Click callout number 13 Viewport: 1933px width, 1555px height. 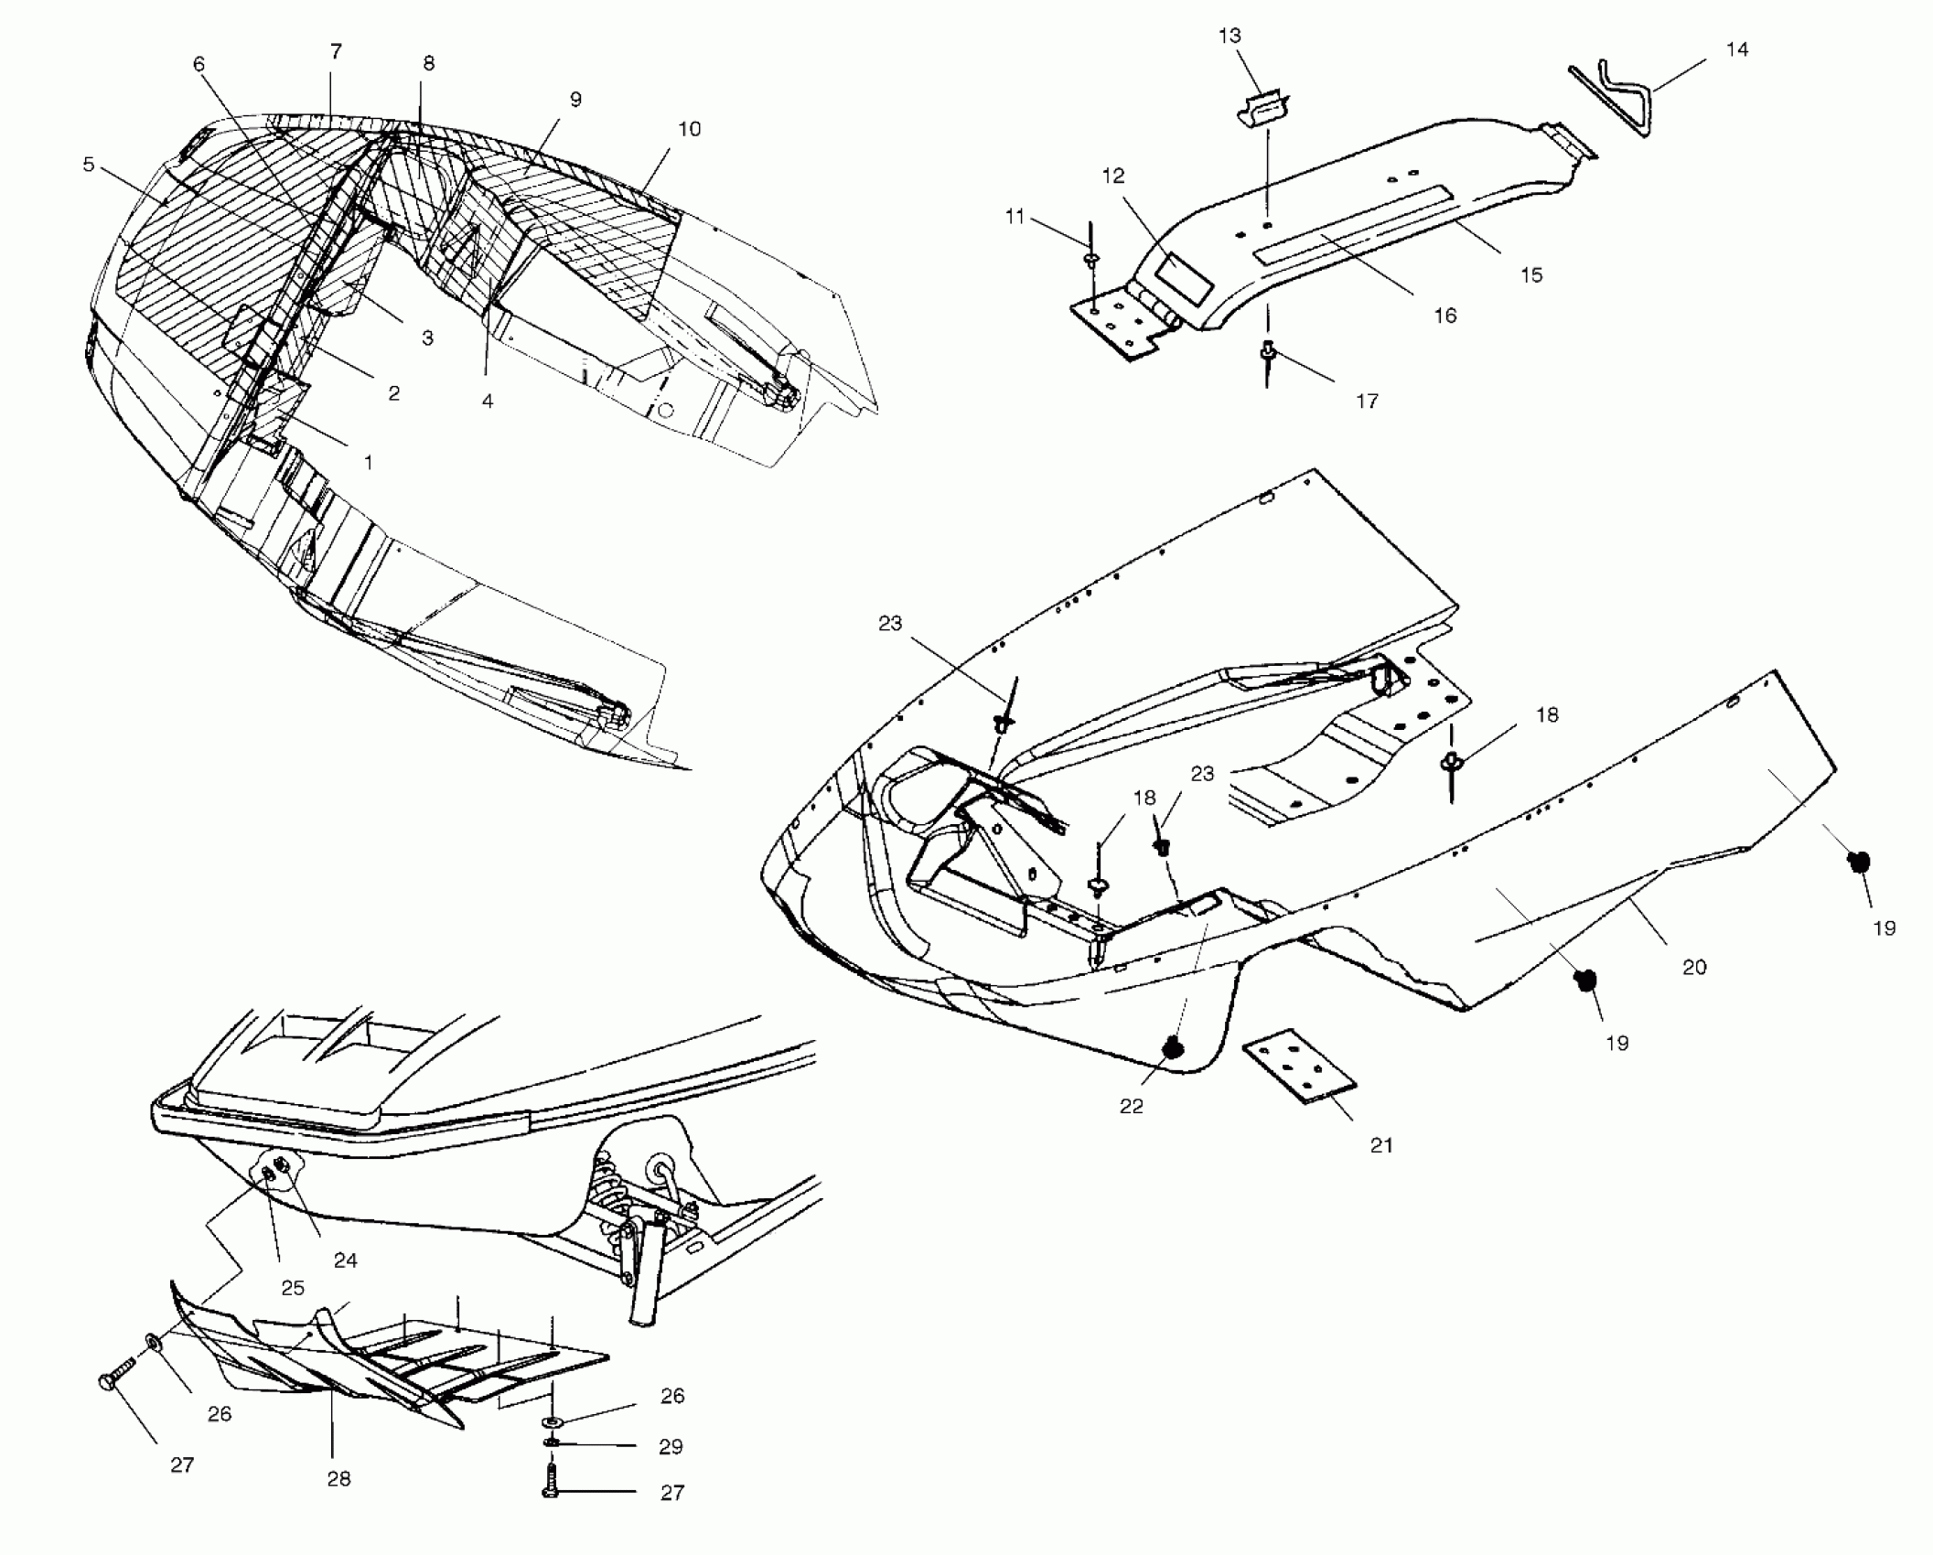[1230, 36]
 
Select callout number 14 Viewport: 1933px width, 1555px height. [1736, 49]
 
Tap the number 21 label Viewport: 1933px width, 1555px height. [1381, 1144]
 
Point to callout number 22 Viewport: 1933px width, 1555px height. [1132, 1106]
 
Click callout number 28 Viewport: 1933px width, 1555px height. [338, 1478]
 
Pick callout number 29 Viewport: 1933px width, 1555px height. [671, 1446]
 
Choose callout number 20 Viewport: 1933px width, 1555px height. [1694, 966]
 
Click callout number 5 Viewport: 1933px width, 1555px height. [89, 165]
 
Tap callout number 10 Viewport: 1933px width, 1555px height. [690, 129]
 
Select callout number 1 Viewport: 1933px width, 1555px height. [369, 463]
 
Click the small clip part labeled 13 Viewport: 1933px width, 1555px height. [1262, 109]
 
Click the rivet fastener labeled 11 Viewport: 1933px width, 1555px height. [1091, 260]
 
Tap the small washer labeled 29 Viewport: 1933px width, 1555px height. [553, 1443]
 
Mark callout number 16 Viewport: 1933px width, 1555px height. [1444, 316]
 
